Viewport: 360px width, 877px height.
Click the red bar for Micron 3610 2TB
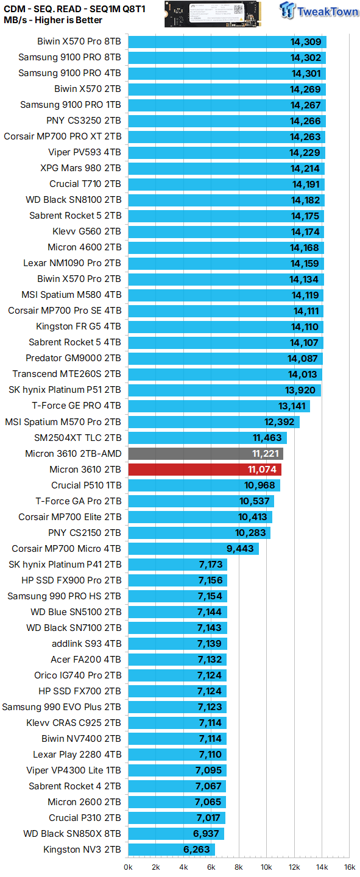(x=204, y=470)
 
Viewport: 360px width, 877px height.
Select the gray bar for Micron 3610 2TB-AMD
(x=205, y=454)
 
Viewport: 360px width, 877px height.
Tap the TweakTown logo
(x=319, y=12)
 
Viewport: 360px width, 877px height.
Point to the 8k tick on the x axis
(x=239, y=867)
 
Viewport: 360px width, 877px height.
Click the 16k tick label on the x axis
(x=349, y=867)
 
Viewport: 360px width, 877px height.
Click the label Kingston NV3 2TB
(x=82, y=850)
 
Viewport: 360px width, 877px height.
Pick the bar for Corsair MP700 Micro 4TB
(x=193, y=549)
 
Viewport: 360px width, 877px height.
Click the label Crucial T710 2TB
(x=85, y=184)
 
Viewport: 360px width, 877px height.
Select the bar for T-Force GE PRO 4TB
(x=219, y=406)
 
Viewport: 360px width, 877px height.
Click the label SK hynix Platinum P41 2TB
(x=65, y=565)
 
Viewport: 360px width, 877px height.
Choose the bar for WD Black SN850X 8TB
(x=176, y=834)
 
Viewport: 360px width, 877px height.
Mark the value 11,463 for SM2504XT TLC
(x=267, y=438)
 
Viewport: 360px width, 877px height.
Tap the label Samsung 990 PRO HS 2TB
(x=64, y=596)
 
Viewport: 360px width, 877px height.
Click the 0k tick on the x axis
(x=129, y=867)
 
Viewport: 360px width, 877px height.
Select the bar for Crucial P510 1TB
(x=203, y=485)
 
